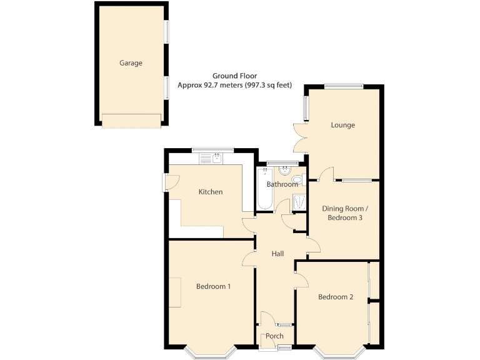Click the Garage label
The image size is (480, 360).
tap(131, 63)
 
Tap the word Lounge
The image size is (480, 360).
tap(342, 125)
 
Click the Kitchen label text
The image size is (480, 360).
tap(211, 192)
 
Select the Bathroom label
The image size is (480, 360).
tap(282, 184)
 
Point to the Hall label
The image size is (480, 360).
tap(277, 254)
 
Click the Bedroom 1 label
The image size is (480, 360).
tap(213, 287)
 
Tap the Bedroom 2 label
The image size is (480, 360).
tap(336, 297)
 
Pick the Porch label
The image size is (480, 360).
tap(274, 336)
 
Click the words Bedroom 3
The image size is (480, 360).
tap(344, 218)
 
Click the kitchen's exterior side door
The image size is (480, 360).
tap(169, 182)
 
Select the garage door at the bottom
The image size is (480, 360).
tap(131, 121)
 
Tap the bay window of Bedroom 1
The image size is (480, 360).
tap(211, 354)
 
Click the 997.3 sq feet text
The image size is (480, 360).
tap(266, 84)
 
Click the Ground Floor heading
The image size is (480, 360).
tap(234, 75)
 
